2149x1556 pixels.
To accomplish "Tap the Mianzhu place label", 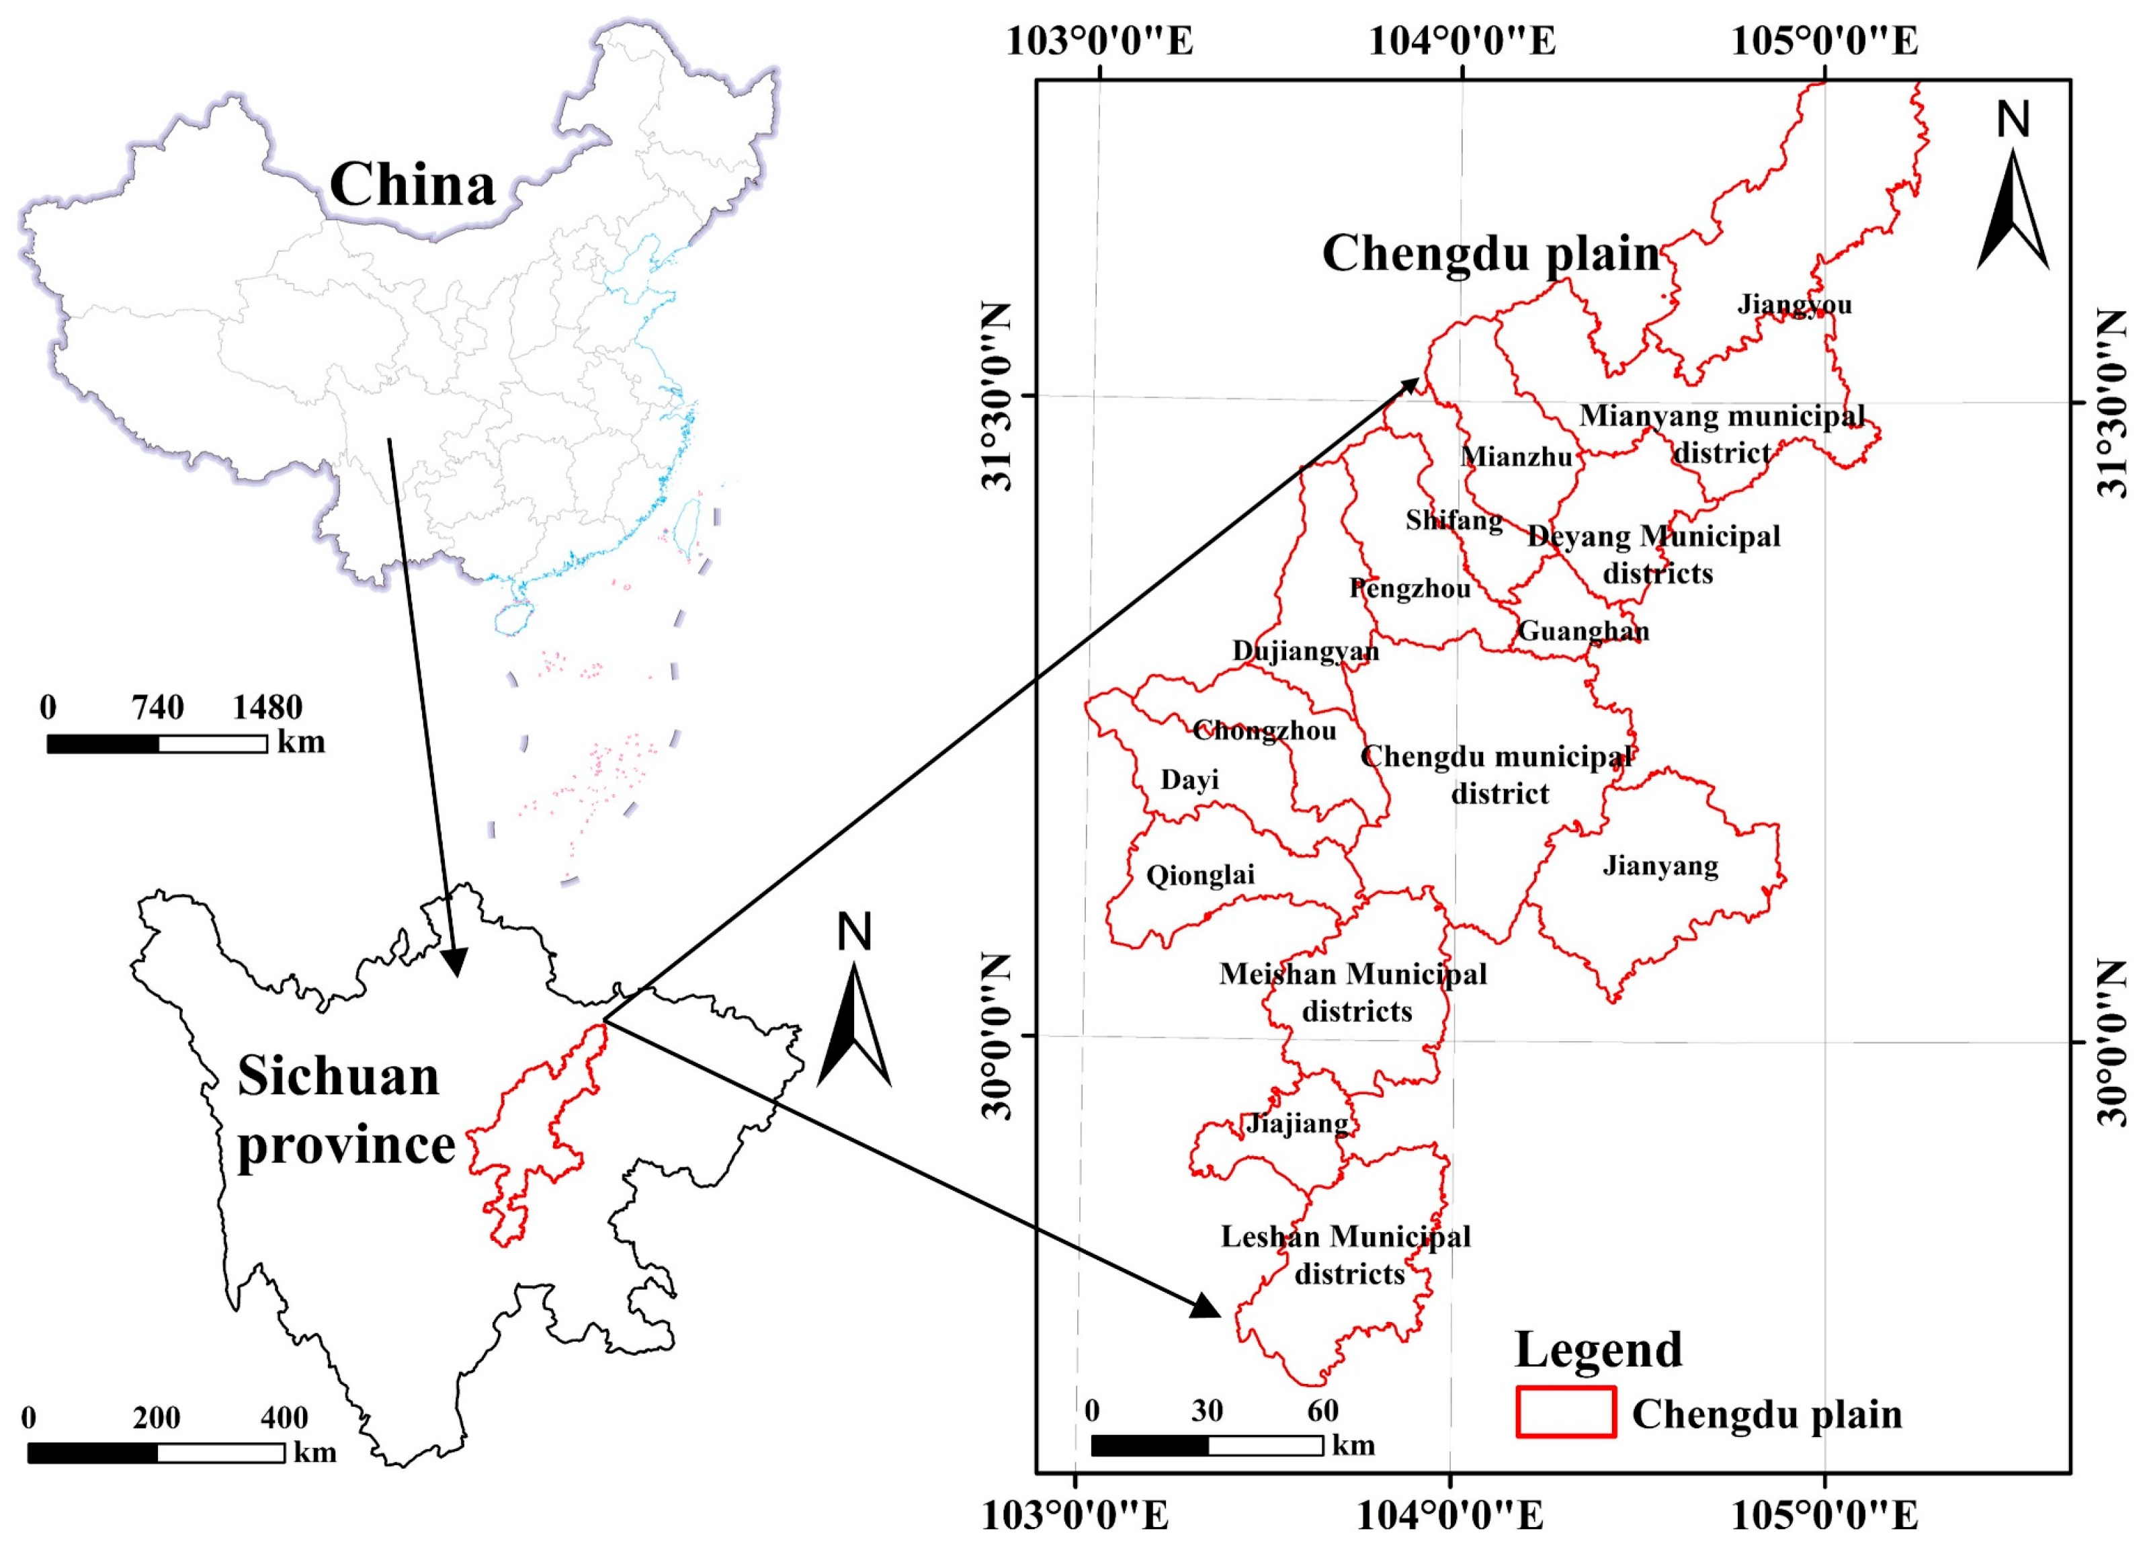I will click(1516, 457).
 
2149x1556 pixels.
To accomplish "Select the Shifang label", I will click(1453, 520).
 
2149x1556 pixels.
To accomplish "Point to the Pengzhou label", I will click(1410, 589).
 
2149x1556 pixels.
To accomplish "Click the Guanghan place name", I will click(1583, 631).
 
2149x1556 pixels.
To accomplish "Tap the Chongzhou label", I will click(1264, 731).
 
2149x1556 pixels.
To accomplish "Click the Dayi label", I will click(1189, 780).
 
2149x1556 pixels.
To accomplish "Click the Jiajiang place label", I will click(1297, 1124).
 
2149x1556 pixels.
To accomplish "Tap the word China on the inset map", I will click(412, 185).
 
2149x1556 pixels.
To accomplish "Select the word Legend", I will click(1599, 1350).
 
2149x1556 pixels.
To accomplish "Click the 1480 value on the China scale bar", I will click(267, 707).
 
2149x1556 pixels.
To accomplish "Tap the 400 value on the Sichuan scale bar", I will click(284, 1418).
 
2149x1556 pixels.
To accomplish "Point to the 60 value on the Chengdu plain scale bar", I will click(1322, 1411).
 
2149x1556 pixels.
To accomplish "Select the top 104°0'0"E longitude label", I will click(1462, 42).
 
